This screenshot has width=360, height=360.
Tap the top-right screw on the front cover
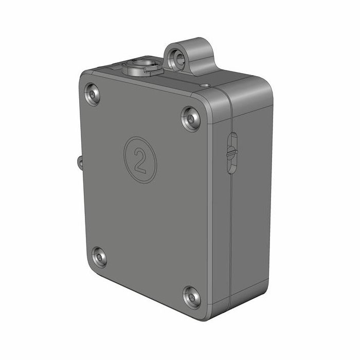(191, 119)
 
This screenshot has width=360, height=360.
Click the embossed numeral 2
(139, 159)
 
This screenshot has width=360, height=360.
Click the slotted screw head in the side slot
(231, 152)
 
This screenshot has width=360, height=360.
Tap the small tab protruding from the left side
(80, 162)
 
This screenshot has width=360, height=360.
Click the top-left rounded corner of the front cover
(85, 80)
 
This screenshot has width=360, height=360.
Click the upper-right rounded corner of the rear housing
(265, 85)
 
